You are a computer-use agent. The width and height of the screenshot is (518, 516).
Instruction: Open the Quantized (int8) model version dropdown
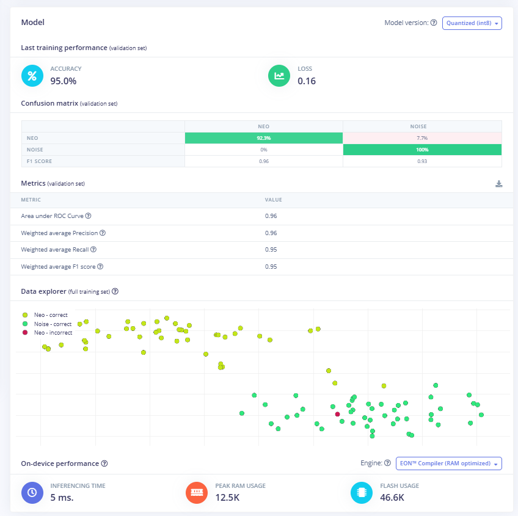click(x=472, y=23)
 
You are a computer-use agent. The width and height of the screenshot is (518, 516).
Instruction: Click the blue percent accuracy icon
click(x=32, y=76)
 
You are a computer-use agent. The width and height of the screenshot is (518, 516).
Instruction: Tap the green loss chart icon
click(x=279, y=76)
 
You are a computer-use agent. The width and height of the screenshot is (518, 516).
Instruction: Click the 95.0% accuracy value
click(x=63, y=81)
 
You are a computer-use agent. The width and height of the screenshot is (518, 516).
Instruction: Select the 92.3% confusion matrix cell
click(x=263, y=138)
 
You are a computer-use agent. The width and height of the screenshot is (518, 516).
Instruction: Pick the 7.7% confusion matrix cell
click(x=422, y=138)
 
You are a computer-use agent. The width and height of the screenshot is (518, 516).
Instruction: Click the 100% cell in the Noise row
click(x=422, y=150)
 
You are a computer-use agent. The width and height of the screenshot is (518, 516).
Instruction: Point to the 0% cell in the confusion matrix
click(x=263, y=150)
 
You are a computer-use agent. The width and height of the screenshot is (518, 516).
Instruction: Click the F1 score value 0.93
click(x=422, y=161)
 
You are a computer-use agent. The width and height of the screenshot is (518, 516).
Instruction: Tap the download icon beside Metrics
click(x=498, y=184)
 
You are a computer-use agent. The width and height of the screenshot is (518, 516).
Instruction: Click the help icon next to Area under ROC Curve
click(x=89, y=216)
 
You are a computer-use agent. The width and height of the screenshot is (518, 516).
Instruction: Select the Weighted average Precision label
click(x=59, y=233)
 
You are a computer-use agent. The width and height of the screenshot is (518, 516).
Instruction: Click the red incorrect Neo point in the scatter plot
click(x=337, y=414)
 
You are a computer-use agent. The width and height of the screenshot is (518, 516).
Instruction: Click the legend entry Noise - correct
click(x=53, y=324)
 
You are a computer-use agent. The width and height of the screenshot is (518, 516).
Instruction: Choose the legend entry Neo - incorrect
click(x=53, y=333)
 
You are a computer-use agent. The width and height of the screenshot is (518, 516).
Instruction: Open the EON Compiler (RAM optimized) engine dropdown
click(x=448, y=463)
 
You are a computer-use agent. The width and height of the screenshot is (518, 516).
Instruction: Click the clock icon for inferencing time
click(x=32, y=492)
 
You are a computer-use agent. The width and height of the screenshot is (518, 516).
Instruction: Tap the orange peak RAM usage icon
click(x=197, y=492)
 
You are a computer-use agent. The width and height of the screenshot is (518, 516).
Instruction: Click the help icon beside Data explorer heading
click(x=115, y=292)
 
